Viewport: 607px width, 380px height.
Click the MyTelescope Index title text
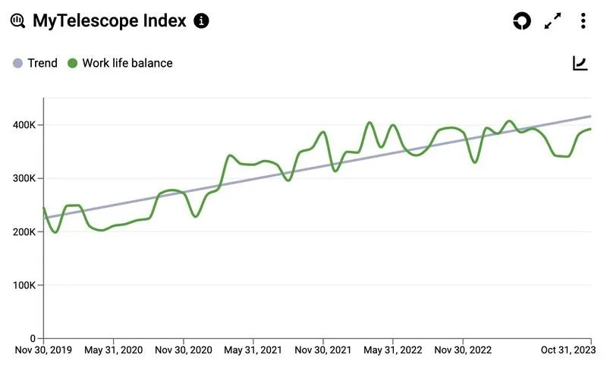(x=109, y=20)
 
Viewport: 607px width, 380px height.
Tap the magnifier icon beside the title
(x=17, y=20)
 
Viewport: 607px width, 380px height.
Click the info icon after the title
(x=201, y=20)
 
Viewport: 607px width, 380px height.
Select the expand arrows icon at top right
(x=553, y=21)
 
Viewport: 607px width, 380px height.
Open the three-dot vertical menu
(x=583, y=20)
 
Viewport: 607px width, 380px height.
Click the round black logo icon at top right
(x=522, y=21)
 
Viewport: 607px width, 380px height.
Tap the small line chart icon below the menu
(x=580, y=63)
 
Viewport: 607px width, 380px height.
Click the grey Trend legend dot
(x=18, y=63)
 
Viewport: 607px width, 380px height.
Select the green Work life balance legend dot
(x=73, y=63)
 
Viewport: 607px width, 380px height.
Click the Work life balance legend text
(x=127, y=63)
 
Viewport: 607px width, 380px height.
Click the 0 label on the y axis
(x=33, y=338)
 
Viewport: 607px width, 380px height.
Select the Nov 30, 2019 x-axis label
(x=44, y=350)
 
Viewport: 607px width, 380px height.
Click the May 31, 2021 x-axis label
(x=253, y=350)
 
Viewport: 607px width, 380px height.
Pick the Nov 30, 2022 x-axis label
(x=463, y=350)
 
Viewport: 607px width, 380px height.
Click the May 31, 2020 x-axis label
(x=114, y=350)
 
